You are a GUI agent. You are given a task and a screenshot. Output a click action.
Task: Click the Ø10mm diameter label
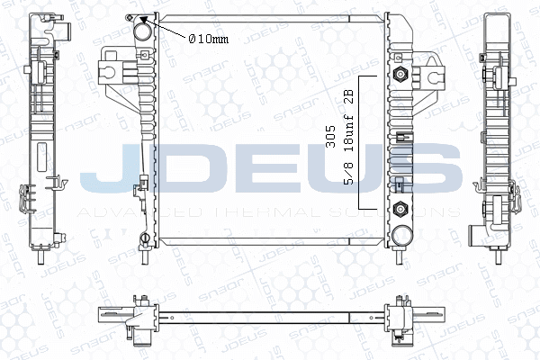coord(208,38)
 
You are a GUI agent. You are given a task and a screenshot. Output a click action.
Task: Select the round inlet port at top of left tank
coord(143,34)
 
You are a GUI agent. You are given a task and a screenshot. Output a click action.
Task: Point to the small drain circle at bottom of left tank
coord(144,238)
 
